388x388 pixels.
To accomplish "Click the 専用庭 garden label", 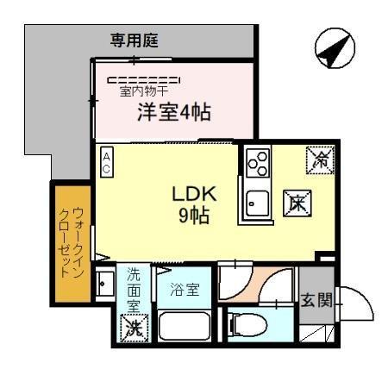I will [138, 39].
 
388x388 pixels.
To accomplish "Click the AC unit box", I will [106, 163].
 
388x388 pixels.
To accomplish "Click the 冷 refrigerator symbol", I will [319, 159].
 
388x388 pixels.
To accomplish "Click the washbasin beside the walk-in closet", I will [104, 285].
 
